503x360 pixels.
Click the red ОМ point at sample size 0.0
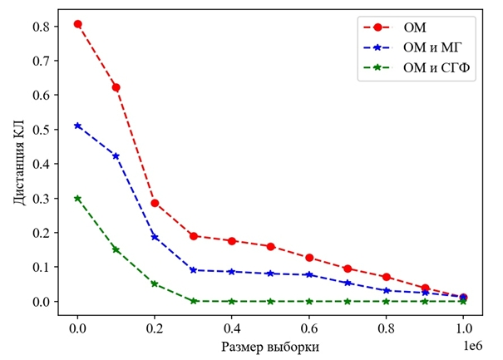(78, 24)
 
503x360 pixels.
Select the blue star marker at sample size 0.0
(78, 126)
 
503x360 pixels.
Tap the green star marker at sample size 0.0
(78, 199)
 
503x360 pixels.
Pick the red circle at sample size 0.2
(155, 203)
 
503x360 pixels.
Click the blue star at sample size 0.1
(116, 155)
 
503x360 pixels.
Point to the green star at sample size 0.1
(116, 249)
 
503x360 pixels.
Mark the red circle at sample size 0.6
(309, 258)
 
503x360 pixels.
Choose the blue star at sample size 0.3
(194, 270)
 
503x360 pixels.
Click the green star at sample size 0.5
(271, 301)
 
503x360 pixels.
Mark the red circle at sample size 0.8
(387, 277)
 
